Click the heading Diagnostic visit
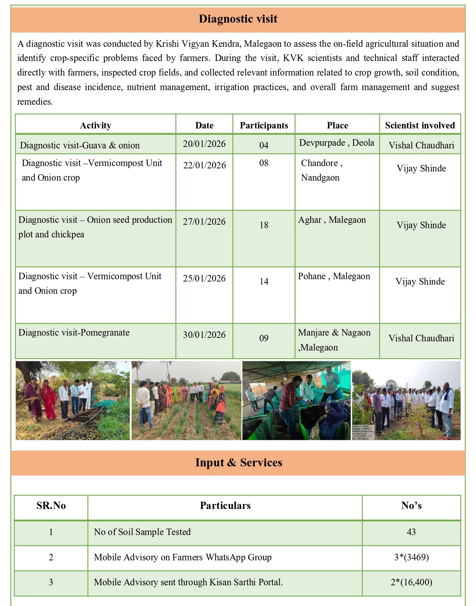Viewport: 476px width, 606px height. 238,19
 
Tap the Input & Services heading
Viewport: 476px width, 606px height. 238,463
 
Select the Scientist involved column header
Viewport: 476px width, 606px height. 420,125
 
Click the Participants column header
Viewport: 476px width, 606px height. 264,125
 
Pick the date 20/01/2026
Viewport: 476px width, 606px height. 204,144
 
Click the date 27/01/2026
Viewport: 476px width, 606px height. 204,222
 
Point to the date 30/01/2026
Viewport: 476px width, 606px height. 204,335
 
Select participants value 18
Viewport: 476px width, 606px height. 264,225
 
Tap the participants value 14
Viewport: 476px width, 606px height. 264,282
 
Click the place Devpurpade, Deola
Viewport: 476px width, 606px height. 336,143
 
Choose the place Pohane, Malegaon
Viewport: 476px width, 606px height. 334,276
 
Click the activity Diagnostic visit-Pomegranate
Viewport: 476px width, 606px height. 74,333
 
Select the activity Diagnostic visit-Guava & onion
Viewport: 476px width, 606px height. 80,145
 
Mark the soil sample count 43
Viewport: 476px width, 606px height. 411,532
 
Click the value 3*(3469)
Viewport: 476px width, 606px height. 411,557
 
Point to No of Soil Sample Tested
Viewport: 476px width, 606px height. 142,532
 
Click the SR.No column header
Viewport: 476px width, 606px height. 51,506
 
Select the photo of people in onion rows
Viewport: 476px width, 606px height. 186,400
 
